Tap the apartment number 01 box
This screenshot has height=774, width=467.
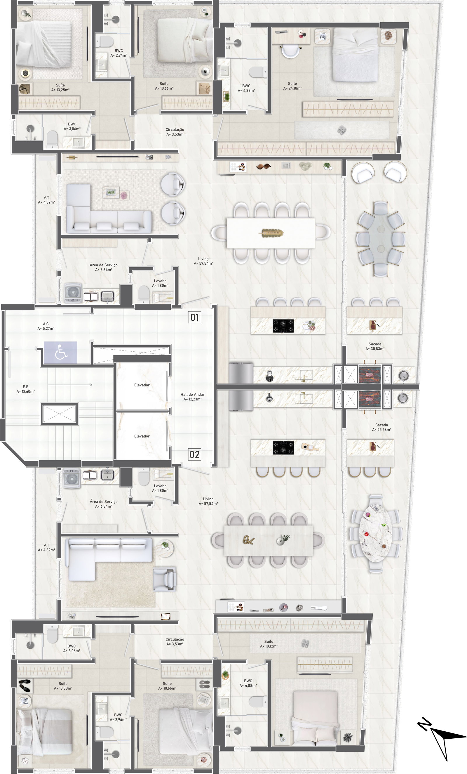tap(195, 317)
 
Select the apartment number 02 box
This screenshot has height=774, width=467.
tap(195, 454)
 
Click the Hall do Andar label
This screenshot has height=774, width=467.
tap(192, 397)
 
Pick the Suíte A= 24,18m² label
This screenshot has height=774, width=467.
tap(292, 86)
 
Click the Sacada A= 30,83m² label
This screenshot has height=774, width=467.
tap(375, 346)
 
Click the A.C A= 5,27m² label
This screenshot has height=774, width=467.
tap(46, 326)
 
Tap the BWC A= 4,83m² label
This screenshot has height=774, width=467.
tap(246, 88)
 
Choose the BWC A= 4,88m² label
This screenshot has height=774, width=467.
tap(248, 683)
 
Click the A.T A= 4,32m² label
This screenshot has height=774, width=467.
tap(46, 200)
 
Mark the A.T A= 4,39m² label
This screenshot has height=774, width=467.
tap(46, 548)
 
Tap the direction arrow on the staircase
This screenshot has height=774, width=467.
tap(70, 385)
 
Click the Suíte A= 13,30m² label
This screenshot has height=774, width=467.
tap(63, 686)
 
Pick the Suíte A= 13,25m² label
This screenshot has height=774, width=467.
tap(60, 87)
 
